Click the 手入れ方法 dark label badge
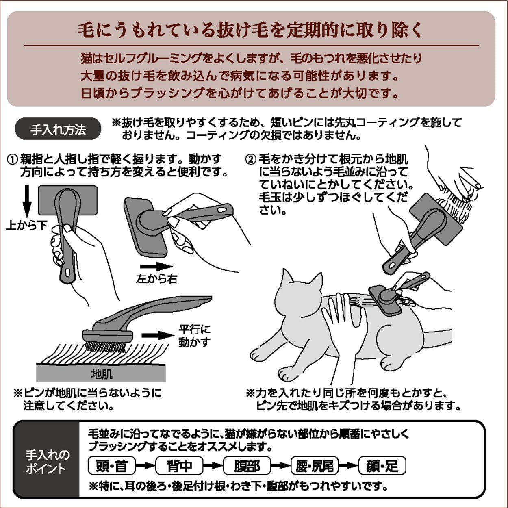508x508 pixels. [x=58, y=129]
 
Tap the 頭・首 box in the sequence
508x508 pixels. [x=112, y=466]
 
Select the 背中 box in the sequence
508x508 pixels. [x=179, y=466]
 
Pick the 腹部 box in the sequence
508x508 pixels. [x=247, y=466]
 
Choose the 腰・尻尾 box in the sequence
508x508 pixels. [x=315, y=466]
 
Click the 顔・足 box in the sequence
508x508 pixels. [x=382, y=466]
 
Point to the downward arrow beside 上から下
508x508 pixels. [x=27, y=201]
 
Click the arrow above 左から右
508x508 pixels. [x=156, y=267]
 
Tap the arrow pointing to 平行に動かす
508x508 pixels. [x=158, y=335]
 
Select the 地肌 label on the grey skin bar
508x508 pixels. [x=101, y=373]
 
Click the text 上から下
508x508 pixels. [x=27, y=225]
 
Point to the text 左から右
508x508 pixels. [x=156, y=279]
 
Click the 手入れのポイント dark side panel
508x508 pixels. [x=46, y=462]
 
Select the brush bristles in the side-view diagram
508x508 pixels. [x=106, y=346]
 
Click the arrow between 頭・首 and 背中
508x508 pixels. [x=145, y=466]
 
